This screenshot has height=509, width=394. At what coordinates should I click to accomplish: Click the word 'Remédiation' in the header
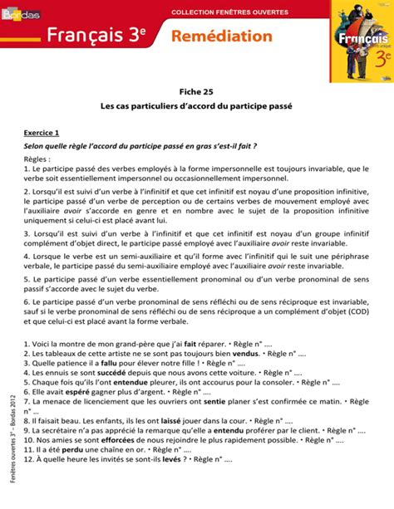[222, 36]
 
